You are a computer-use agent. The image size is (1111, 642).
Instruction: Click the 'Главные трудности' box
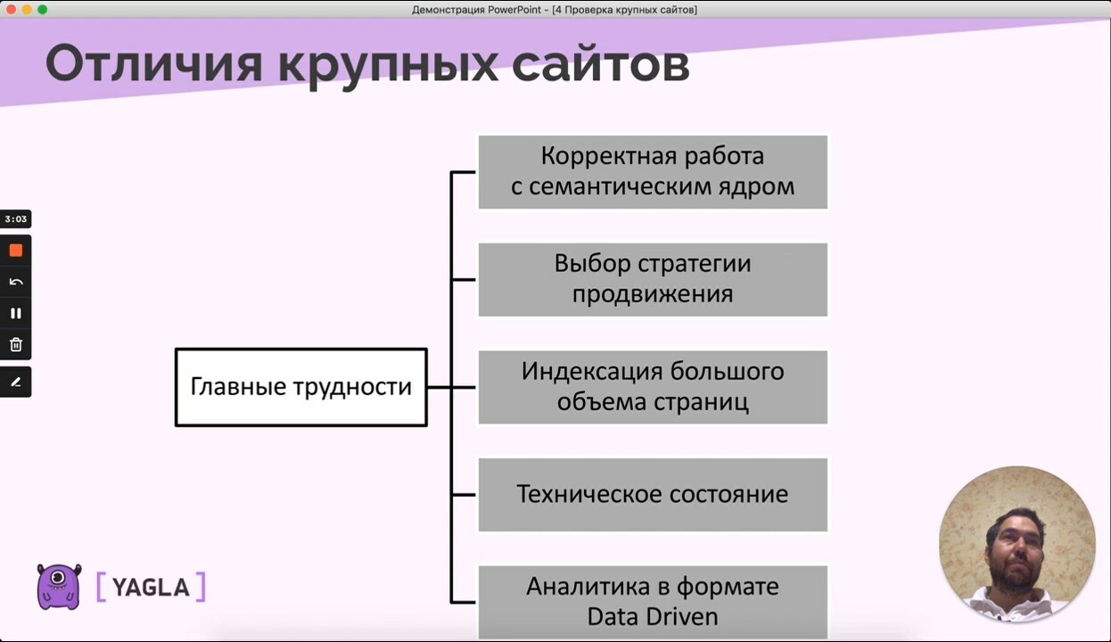[x=301, y=387]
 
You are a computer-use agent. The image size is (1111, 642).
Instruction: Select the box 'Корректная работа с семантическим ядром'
[x=653, y=172]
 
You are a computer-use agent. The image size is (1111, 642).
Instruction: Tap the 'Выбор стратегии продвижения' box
[x=653, y=279]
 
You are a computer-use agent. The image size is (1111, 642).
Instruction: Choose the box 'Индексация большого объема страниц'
[x=653, y=387]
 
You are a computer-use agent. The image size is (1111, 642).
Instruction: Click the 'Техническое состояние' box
[x=653, y=495]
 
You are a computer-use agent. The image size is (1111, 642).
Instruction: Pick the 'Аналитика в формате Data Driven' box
[x=653, y=602]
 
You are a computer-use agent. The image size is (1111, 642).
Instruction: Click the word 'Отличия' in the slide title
[x=153, y=64]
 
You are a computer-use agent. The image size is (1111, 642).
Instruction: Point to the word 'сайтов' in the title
[x=601, y=64]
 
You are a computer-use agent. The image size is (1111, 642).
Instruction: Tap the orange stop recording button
[x=16, y=250]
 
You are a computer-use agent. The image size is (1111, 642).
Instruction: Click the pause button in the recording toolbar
[x=16, y=313]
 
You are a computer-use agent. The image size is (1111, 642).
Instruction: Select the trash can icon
[x=16, y=344]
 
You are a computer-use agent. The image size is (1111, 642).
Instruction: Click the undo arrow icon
[x=16, y=282]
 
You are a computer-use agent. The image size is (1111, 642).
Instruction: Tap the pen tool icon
[x=16, y=382]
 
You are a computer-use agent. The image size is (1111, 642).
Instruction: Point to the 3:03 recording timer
[x=16, y=218]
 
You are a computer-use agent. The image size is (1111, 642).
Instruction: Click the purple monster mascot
[x=59, y=587]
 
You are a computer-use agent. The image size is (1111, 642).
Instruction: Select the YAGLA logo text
[x=151, y=588]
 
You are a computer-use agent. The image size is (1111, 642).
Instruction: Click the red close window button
[x=11, y=10]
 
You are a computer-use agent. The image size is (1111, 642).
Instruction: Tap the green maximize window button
[x=43, y=10]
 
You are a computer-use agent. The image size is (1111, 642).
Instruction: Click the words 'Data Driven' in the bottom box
[x=653, y=617]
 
